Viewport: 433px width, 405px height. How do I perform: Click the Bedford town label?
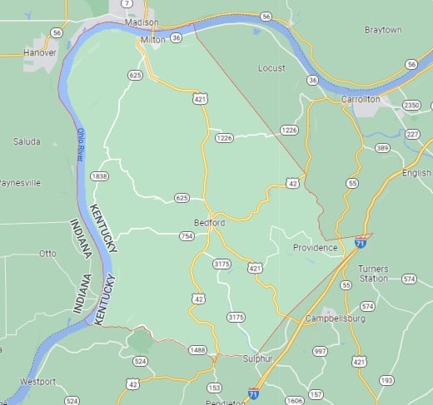click(x=209, y=223)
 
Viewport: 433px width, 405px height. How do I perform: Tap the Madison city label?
click(x=142, y=22)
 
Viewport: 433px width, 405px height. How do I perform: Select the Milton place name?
click(x=152, y=39)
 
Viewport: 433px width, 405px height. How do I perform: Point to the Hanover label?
click(x=39, y=52)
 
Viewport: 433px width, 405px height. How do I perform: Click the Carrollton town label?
click(x=360, y=99)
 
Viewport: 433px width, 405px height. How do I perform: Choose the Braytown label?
click(x=383, y=30)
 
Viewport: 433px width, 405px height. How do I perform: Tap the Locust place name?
click(x=271, y=68)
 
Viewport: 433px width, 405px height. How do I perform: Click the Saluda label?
click(x=27, y=141)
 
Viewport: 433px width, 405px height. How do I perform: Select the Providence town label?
click(x=315, y=247)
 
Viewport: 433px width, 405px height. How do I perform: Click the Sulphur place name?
click(x=258, y=358)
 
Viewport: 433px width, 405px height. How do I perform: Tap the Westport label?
click(x=37, y=382)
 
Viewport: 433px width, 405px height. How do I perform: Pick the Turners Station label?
click(x=373, y=274)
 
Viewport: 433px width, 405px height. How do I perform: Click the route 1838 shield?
click(x=100, y=176)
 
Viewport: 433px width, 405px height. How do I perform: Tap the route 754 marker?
click(x=187, y=236)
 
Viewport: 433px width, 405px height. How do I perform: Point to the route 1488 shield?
click(x=197, y=350)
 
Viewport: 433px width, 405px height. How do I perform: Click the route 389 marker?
click(x=382, y=147)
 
